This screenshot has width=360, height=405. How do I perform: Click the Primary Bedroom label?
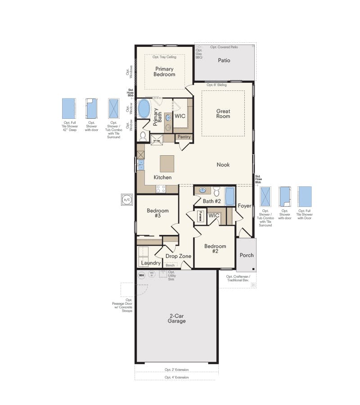pyautogui.click(x=164, y=72)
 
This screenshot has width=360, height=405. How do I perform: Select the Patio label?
pyautogui.click(x=224, y=60)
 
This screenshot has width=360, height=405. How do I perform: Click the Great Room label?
pyautogui.click(x=223, y=114)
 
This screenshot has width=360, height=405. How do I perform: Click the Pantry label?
pyautogui.click(x=184, y=137)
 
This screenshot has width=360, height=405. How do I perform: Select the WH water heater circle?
pyautogui.click(x=141, y=275)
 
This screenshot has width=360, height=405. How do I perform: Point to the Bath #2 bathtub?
pyautogui.click(x=229, y=197)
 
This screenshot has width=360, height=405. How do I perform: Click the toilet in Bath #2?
pyautogui.click(x=216, y=191)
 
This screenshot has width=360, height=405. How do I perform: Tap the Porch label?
pyautogui.click(x=246, y=255)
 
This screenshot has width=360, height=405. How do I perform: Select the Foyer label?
pyautogui.click(x=244, y=206)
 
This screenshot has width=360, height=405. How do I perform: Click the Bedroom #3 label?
pyautogui.click(x=157, y=213)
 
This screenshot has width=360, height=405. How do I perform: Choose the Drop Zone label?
pyautogui.click(x=178, y=256)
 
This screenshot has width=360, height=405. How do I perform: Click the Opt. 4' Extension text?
pyautogui.click(x=176, y=377)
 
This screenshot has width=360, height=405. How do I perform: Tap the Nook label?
pyautogui.click(x=223, y=165)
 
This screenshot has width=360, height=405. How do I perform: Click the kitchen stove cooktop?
pyautogui.click(x=161, y=189)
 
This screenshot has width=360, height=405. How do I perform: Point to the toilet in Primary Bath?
pyautogui.click(x=143, y=135)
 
